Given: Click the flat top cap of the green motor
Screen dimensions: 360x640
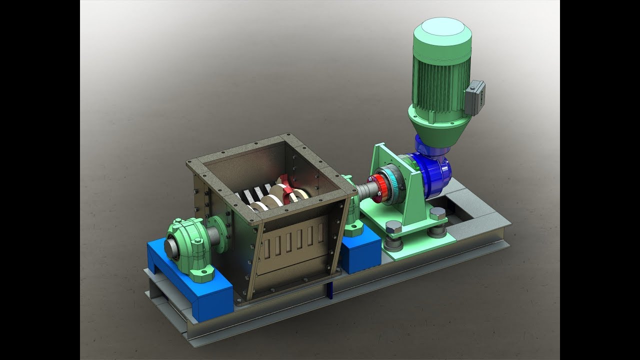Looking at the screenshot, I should pos(442,31).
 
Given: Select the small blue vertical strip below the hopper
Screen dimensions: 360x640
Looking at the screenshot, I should pos(329,289).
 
